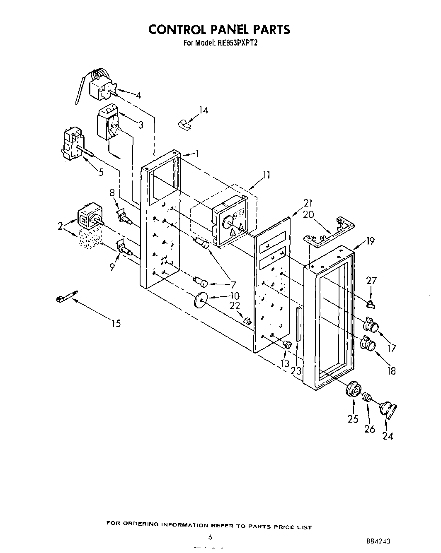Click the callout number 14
pos(204,110)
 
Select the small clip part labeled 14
pos(184,123)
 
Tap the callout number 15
pos(116,323)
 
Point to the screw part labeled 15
pos(66,296)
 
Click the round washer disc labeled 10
pos(201,299)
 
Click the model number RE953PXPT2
pos(234,42)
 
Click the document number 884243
pos(378,541)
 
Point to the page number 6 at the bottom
pos(210,537)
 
